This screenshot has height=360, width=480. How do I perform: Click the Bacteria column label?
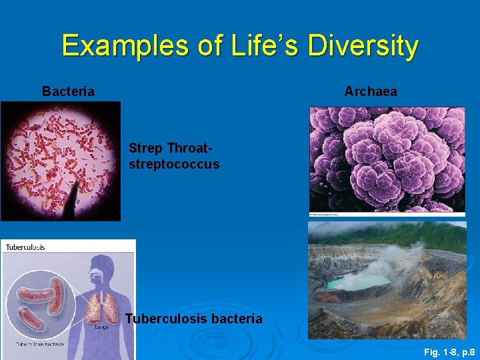tap(68, 91)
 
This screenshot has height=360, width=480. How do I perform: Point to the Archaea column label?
tap(370, 91)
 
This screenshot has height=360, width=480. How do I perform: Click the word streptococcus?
tap(174, 164)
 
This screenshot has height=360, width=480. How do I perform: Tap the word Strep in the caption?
tap(146, 148)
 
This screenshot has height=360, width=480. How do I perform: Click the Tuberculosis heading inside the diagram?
tap(25, 247)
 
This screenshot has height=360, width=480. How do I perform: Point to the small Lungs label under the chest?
tap(102, 327)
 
